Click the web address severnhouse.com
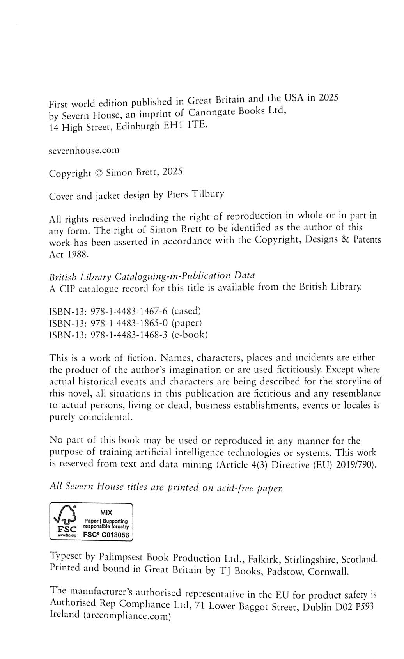[84, 150]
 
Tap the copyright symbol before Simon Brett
[99, 173]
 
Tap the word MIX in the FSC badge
[106, 512]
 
